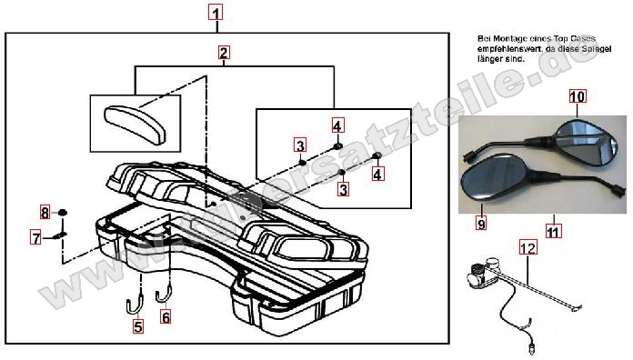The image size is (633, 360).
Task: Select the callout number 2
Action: click(x=224, y=53)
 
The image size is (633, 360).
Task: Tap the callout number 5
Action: click(x=138, y=327)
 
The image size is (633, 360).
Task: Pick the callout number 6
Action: click(x=165, y=317)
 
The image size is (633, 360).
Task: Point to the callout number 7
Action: click(x=36, y=238)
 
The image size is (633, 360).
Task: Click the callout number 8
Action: click(x=44, y=213)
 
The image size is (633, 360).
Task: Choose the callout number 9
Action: click(x=481, y=222)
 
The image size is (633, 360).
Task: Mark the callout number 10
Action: click(x=578, y=96)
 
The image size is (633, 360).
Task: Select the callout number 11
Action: click(x=552, y=231)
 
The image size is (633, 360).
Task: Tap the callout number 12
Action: click(x=528, y=246)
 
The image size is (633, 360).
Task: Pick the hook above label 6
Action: click(x=164, y=293)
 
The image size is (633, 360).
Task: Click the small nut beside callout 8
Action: click(x=63, y=213)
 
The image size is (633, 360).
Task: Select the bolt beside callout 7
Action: click(x=58, y=235)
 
